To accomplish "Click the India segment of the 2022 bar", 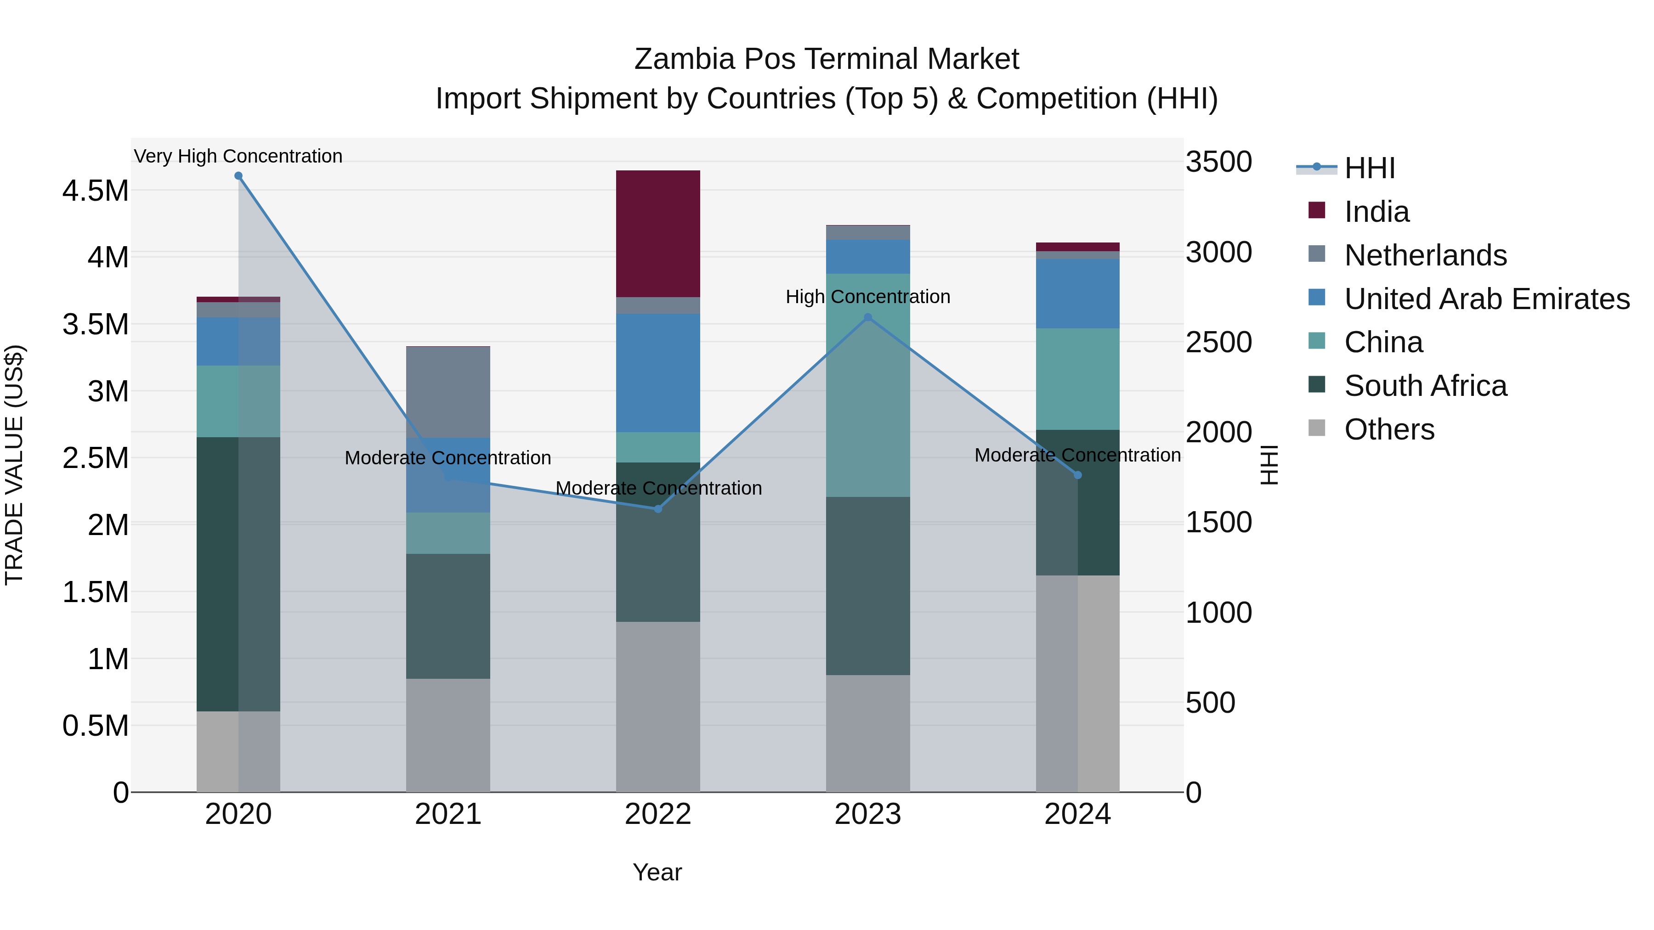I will tap(657, 234).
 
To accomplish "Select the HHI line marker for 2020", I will tap(238, 176).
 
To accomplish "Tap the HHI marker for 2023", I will tap(867, 317).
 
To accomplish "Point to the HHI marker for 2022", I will tap(657, 509).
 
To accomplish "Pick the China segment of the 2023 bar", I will tap(867, 385).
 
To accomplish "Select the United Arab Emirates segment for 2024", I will tap(1077, 293).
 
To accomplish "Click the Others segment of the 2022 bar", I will tap(657, 706).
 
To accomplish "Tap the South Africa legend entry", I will tap(1425, 386).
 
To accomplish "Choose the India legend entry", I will tap(1376, 212).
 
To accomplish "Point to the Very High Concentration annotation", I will tap(238, 156).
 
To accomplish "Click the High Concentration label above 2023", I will tap(867, 297).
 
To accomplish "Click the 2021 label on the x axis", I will tap(447, 814).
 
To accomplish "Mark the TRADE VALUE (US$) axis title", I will tap(14, 465).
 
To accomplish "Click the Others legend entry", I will tap(1389, 429).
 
